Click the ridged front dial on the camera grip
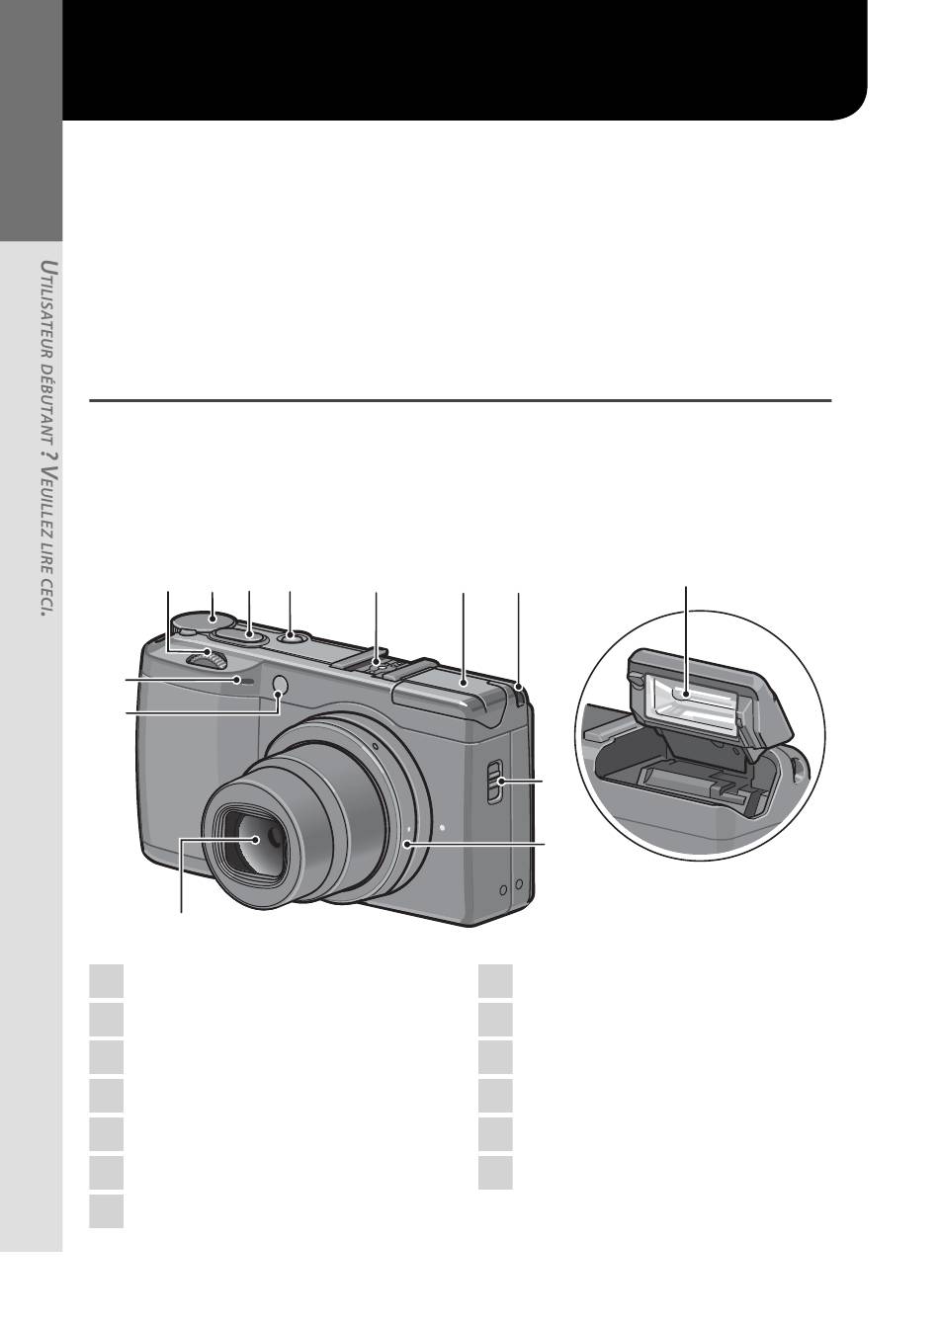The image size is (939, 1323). pos(206,659)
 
